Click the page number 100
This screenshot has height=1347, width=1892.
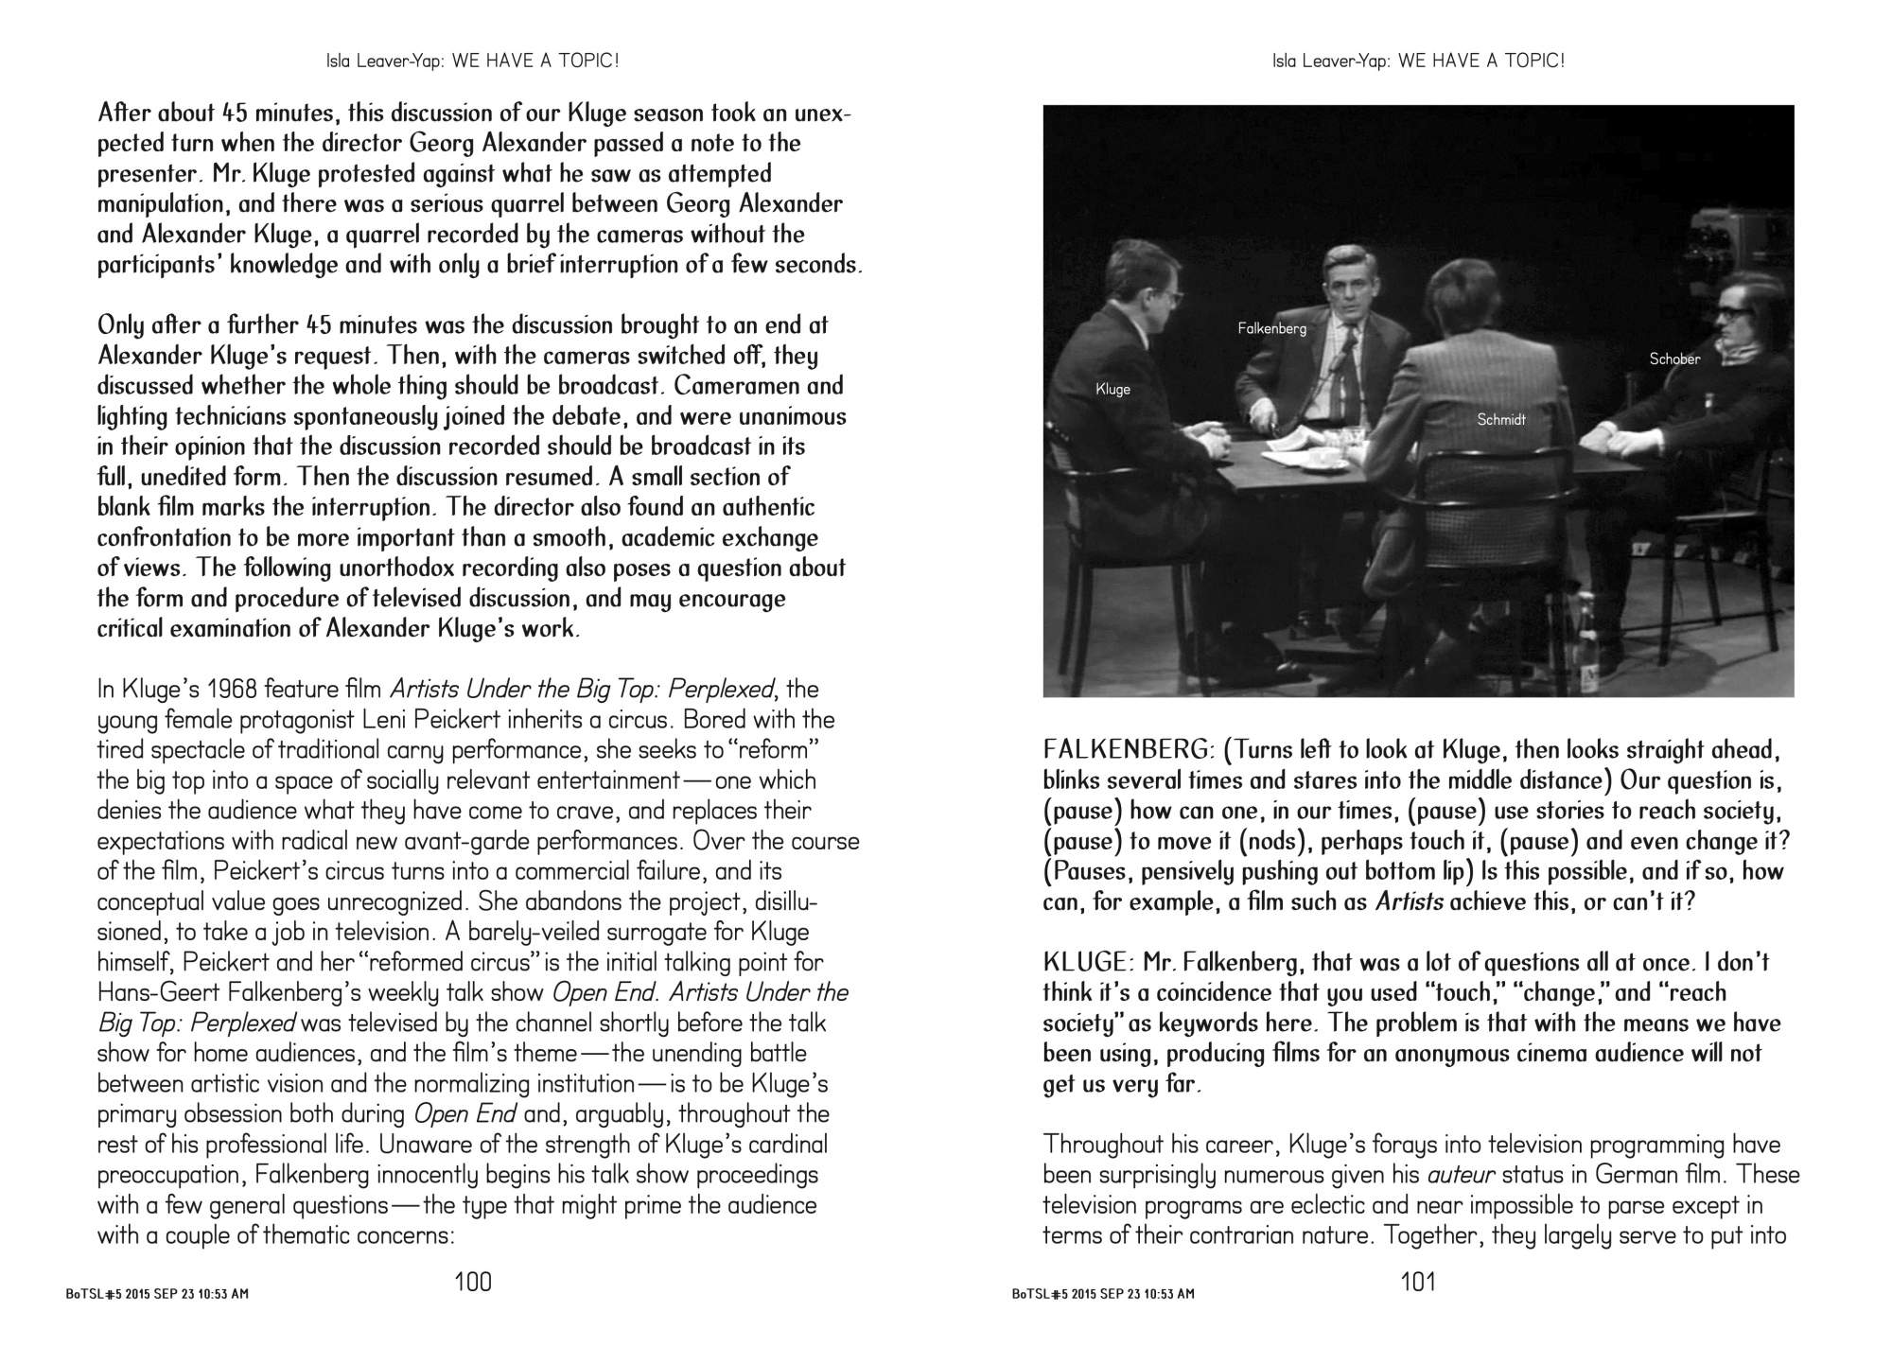[x=473, y=1282]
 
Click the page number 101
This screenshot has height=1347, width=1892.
[x=1418, y=1282]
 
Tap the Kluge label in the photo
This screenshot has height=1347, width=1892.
[x=1112, y=389]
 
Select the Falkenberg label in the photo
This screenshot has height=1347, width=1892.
[x=1271, y=328]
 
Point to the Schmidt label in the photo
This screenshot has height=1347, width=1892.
[x=1501, y=419]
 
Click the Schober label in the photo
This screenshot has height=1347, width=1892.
[x=1674, y=359]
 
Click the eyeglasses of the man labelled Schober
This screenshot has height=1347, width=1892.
[x=1731, y=312]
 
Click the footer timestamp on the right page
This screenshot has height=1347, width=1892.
[x=1102, y=1293]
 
